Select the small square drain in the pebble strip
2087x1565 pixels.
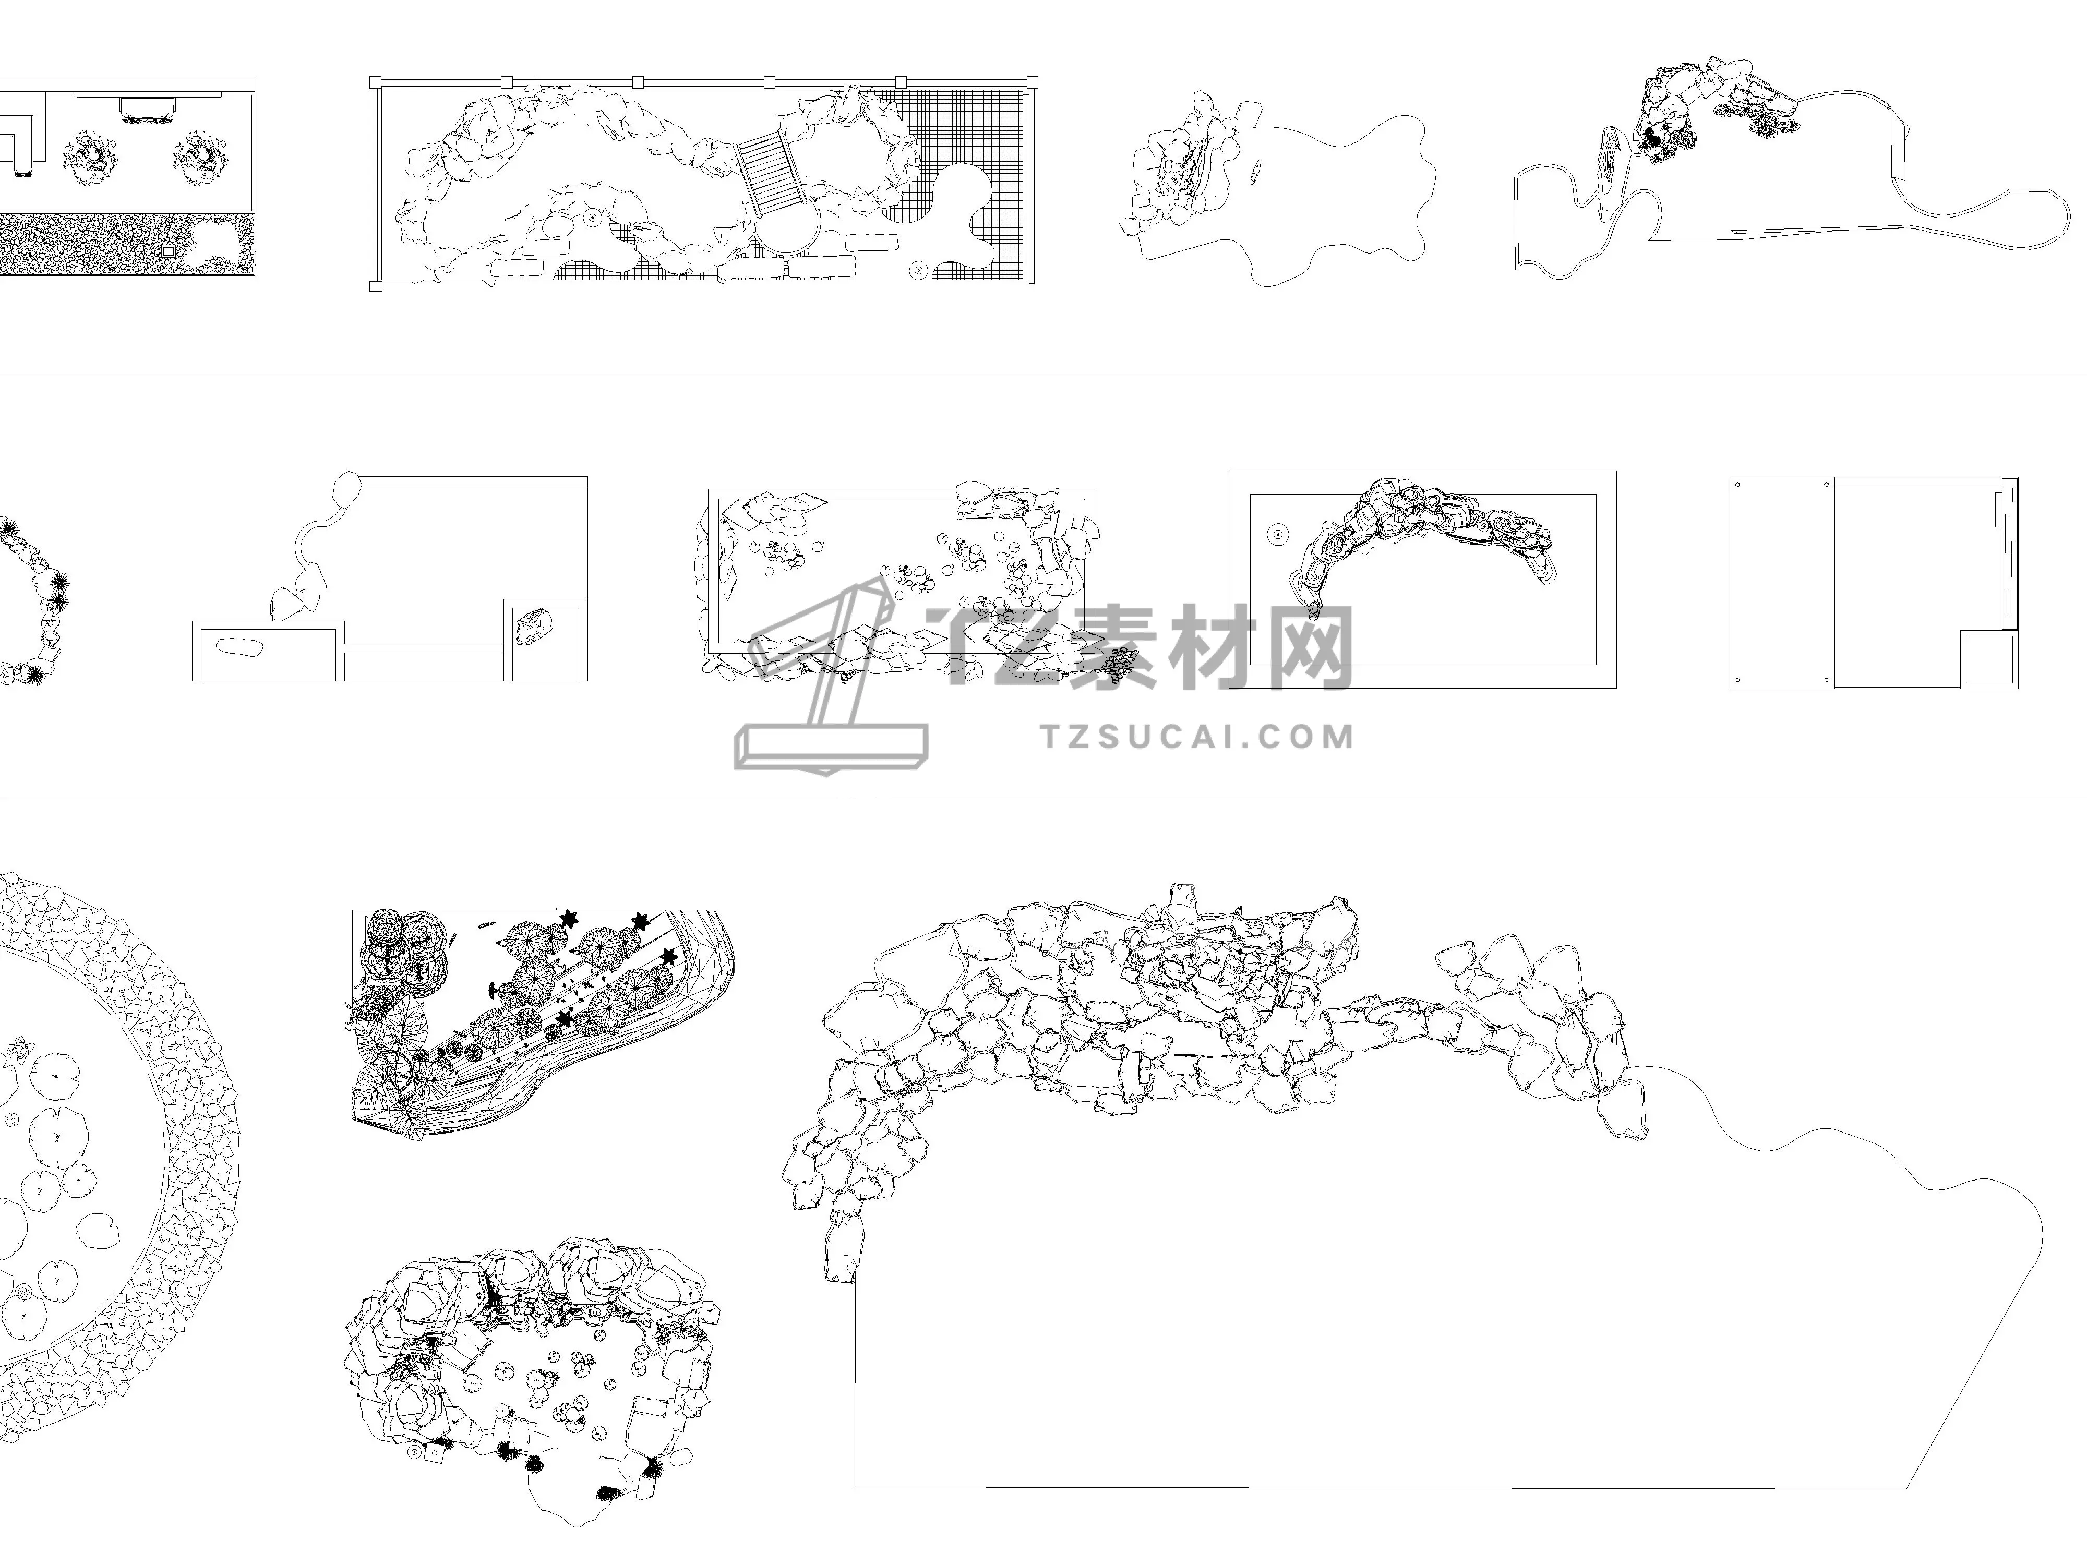pos(169,252)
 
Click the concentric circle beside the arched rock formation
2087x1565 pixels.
pos(1277,535)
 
